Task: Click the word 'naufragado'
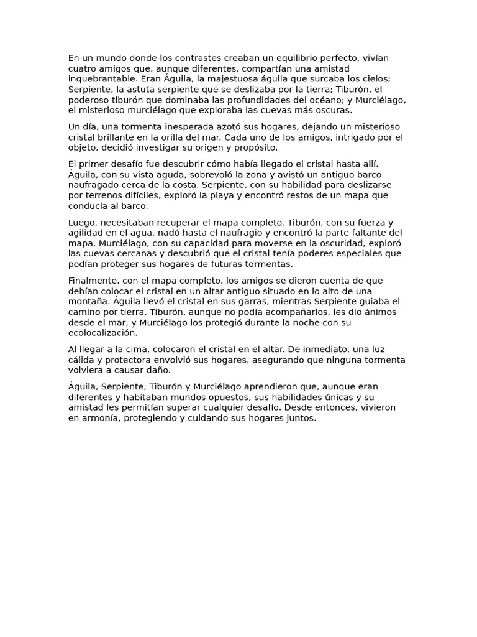click(93, 185)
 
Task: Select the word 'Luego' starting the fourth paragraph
click(81, 222)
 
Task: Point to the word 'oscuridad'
click(331, 243)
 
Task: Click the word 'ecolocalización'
click(102, 333)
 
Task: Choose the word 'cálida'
click(81, 360)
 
